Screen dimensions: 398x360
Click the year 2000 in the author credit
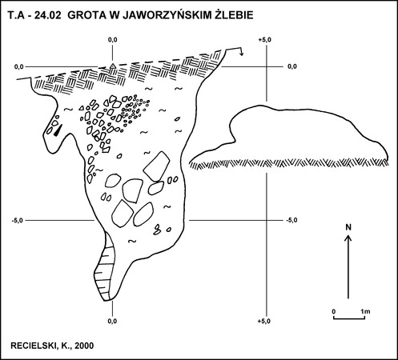pos(84,346)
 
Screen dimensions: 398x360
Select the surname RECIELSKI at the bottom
pos(31,346)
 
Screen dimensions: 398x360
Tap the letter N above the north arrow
pos(348,227)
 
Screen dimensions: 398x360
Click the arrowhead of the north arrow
pos(348,238)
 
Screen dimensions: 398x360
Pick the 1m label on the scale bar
pos(365,311)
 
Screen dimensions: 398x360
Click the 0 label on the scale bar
pos(334,311)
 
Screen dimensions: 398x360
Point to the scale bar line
pos(349,318)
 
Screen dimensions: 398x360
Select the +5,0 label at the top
pos(264,40)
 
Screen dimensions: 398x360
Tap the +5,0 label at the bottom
pos(264,321)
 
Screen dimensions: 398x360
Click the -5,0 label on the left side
pos(18,220)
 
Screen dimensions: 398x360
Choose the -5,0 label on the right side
pos(291,220)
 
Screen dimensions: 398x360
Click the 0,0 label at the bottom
pos(112,321)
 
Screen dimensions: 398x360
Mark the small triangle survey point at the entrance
pos(113,66)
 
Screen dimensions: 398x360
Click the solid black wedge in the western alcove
pos(58,130)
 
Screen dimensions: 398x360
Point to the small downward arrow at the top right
pos(241,52)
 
